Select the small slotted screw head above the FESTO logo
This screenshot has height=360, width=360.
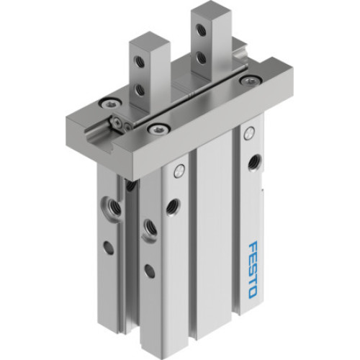pos(249,132)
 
